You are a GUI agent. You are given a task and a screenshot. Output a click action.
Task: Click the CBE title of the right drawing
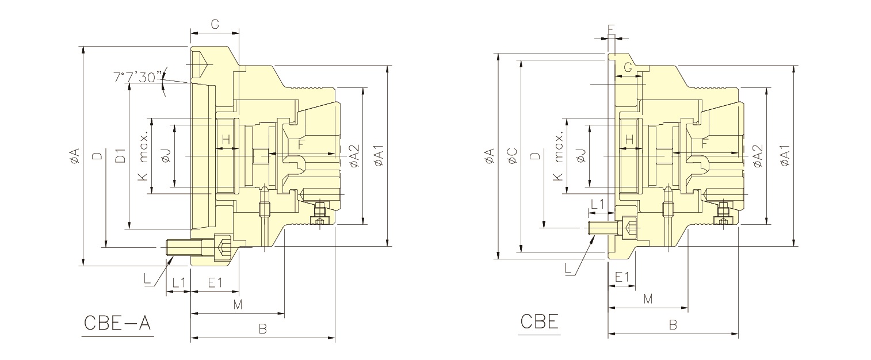click(539, 321)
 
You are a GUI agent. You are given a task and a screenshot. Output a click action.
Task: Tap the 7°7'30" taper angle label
click(138, 77)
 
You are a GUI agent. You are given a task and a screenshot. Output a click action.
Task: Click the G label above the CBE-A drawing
click(215, 24)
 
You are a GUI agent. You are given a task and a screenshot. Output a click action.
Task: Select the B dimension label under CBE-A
click(262, 329)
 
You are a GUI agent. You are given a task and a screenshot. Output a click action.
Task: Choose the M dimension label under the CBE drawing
click(648, 299)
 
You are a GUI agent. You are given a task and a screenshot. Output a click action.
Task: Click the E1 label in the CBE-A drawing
click(215, 282)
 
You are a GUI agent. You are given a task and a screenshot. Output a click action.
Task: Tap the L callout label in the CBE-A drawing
click(148, 279)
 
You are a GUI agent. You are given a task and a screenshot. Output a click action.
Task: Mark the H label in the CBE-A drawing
click(226, 139)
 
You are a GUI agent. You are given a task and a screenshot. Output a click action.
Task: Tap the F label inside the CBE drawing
click(705, 143)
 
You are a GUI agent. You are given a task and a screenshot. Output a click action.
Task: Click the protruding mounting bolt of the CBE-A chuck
click(184, 248)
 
